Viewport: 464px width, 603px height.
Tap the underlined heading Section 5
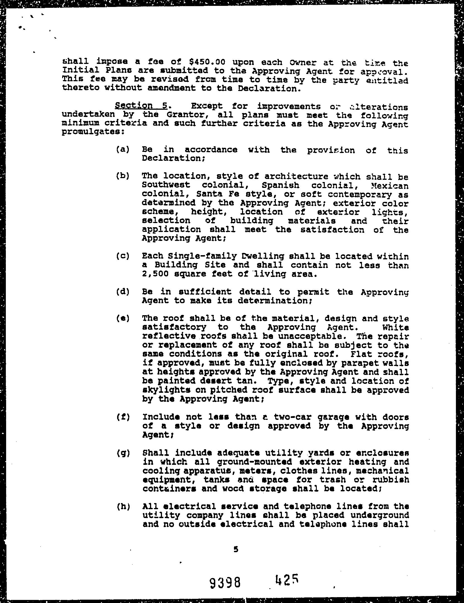tap(141, 106)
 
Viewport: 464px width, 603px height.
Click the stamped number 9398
tap(228, 582)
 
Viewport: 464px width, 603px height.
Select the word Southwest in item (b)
tap(166, 185)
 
